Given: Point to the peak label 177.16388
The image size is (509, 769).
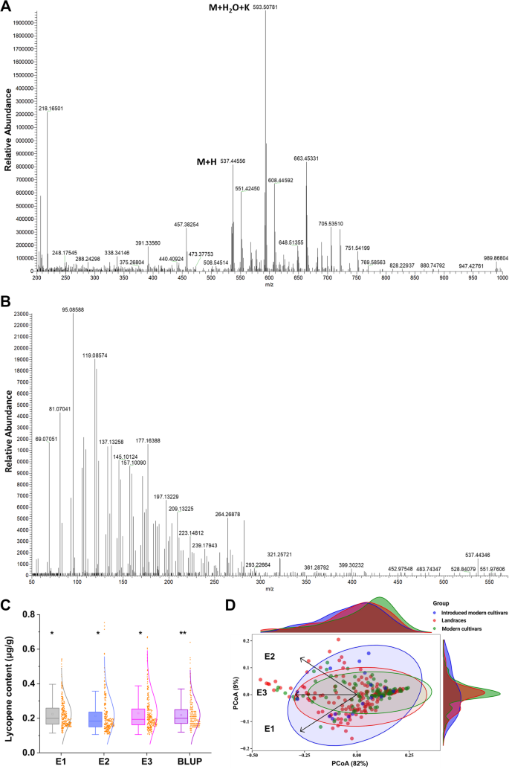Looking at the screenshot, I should coord(148,440).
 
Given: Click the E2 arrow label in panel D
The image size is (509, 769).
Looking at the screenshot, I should coord(270,656).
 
